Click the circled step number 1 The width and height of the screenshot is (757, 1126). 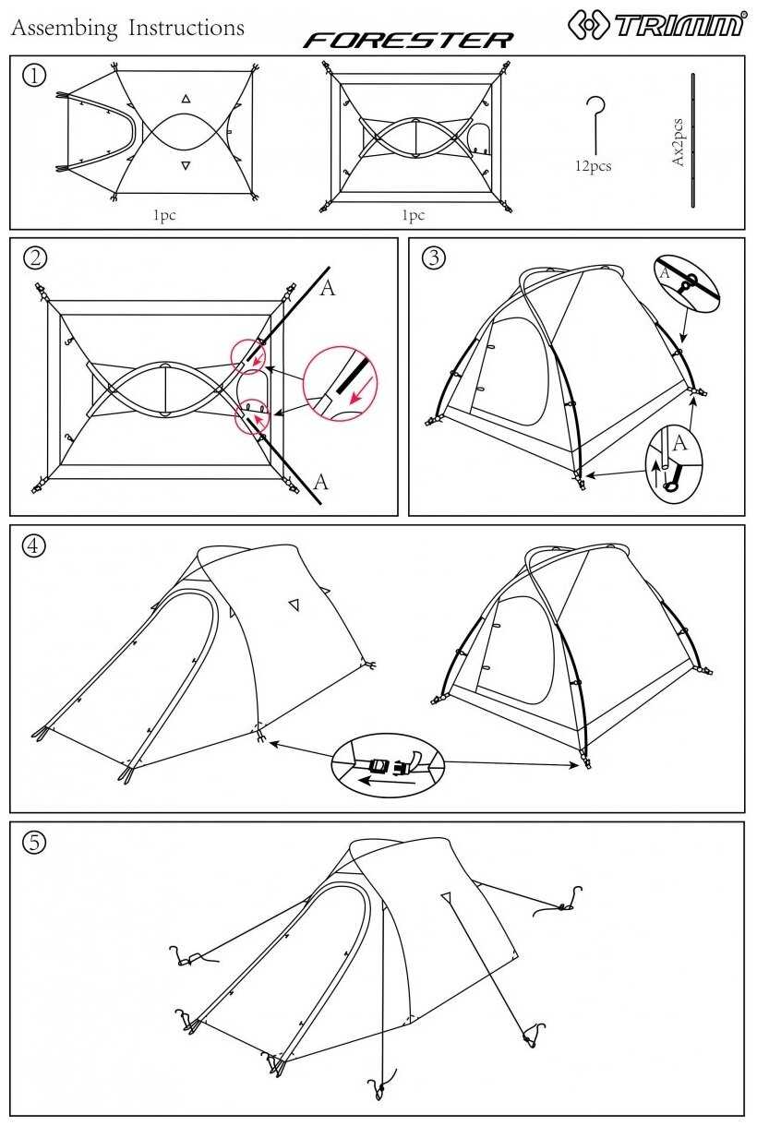point(34,75)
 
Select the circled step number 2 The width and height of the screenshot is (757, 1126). point(35,258)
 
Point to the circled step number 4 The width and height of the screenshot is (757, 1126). point(33,545)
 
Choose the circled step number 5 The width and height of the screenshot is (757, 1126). point(33,842)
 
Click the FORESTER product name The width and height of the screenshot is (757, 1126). point(408,41)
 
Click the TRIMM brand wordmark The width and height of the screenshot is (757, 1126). point(679,25)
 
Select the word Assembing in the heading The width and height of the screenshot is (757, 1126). point(64,29)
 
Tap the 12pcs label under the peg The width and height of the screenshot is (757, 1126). point(593,166)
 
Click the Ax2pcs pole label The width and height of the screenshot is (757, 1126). point(678,142)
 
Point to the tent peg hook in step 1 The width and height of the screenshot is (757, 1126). point(595,126)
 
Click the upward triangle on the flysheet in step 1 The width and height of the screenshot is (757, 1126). point(186,99)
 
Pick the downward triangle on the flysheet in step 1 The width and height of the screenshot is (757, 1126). point(186,165)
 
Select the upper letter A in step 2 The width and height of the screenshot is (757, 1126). point(327,288)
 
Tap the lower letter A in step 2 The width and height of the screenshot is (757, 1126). point(320,482)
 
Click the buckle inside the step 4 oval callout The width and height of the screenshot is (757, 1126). point(390,766)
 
